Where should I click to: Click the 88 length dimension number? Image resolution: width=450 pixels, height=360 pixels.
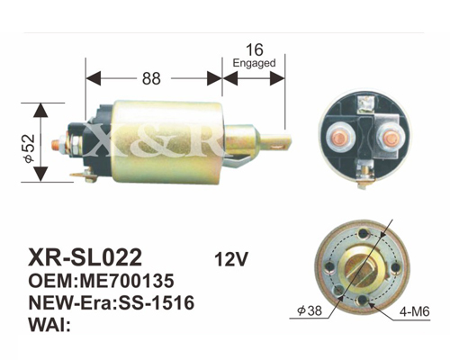(x=151, y=78)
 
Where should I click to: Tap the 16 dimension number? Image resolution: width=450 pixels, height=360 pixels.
(x=255, y=49)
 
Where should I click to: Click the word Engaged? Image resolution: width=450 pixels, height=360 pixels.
(x=254, y=63)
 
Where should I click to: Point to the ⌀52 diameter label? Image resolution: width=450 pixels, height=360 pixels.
(x=30, y=148)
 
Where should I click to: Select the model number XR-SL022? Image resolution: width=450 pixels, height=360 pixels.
(x=85, y=257)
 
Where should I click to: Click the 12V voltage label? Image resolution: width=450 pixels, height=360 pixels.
(x=231, y=259)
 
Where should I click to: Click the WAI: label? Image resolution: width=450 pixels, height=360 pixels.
(x=49, y=324)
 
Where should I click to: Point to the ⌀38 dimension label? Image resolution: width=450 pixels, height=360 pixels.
(x=309, y=310)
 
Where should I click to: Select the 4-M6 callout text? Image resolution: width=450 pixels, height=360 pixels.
(x=414, y=312)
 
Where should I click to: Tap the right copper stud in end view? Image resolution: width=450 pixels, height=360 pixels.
(x=390, y=137)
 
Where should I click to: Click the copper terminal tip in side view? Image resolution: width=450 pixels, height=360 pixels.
(x=55, y=145)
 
